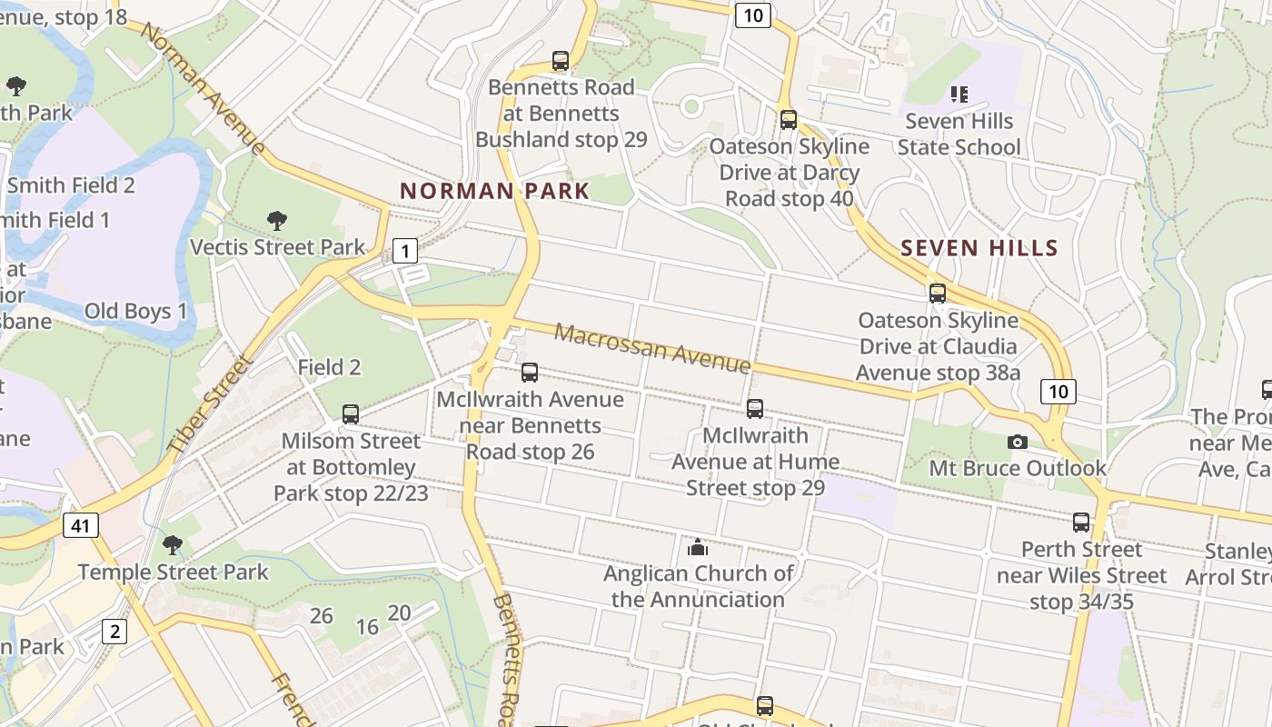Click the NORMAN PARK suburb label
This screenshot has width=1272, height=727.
click(495, 191)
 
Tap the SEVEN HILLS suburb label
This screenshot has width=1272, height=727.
click(979, 248)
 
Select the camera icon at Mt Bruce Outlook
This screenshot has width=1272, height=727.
click(1018, 442)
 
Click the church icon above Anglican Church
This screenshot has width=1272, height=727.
click(698, 547)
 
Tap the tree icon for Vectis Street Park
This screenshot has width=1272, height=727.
click(277, 220)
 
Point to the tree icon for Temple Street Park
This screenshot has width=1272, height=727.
click(173, 545)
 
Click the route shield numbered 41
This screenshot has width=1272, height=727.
click(80, 525)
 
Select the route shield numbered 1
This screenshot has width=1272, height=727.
click(405, 250)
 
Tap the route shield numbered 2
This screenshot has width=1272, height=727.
click(114, 631)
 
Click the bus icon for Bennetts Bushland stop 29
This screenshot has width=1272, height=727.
click(561, 61)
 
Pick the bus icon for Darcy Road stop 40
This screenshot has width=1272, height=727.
click(789, 119)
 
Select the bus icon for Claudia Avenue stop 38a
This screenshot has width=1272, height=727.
click(938, 294)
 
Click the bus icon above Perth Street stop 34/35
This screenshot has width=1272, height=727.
click(1081, 523)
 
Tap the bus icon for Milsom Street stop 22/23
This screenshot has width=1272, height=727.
click(351, 414)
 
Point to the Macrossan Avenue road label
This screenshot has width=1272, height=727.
click(652, 348)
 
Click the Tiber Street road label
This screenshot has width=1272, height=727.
click(210, 404)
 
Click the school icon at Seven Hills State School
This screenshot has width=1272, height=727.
click(959, 94)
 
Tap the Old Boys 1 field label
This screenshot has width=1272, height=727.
click(135, 311)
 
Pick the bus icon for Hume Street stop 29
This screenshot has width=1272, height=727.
click(755, 409)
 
